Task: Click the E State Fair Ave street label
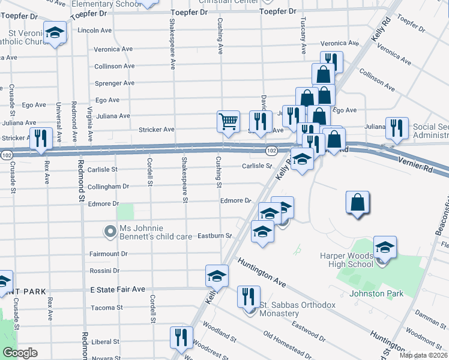(118, 289)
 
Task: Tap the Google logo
(19, 353)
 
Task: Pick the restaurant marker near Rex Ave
(41, 138)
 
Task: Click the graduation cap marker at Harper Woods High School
(385, 247)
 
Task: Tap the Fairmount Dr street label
(108, 254)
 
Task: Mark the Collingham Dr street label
(109, 187)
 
